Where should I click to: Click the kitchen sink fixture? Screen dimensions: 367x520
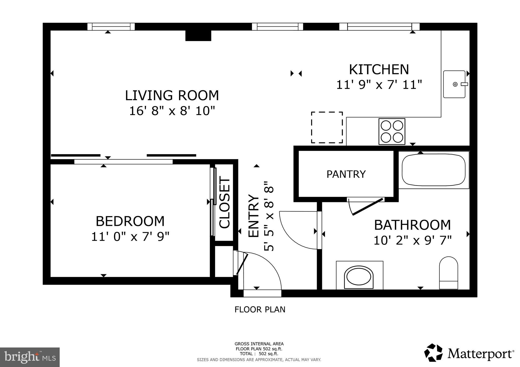[454, 84]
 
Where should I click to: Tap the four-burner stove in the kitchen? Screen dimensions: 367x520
[392, 132]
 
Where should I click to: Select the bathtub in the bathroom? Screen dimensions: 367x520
[434, 170]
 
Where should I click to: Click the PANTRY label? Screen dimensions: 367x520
[346, 174]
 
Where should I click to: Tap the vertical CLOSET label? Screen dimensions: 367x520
[224, 203]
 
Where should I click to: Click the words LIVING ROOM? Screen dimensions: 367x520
[172, 96]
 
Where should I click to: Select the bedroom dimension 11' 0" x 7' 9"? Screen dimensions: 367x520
[130, 237]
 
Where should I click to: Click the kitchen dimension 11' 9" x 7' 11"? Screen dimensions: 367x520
[379, 85]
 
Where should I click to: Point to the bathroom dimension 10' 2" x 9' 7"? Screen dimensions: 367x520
[412, 240]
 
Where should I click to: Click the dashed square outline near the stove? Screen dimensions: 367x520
[327, 127]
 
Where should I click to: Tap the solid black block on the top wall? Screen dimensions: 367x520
[198, 35]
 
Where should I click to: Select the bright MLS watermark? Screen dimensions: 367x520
[30, 357]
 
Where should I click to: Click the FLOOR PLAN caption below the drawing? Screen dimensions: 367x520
[260, 309]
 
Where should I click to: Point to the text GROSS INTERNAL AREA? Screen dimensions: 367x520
[259, 344]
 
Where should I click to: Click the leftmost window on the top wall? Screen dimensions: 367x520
[111, 27]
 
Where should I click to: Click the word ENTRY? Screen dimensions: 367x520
[254, 216]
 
